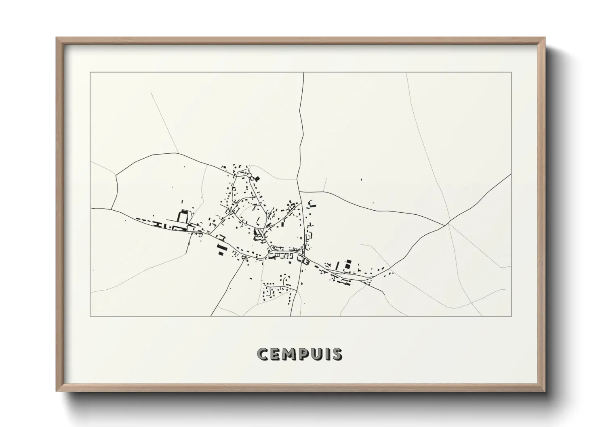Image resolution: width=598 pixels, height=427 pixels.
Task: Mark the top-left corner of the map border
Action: tap(91, 73)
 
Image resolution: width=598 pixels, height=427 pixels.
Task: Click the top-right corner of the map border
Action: tap(512, 73)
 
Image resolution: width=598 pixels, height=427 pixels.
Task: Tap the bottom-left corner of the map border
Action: tap(91, 316)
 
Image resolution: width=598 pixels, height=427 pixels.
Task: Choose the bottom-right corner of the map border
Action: tap(512, 316)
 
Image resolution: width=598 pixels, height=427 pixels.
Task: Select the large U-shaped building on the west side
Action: tap(184, 216)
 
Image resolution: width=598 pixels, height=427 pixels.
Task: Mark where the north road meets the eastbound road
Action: tap(299, 191)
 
